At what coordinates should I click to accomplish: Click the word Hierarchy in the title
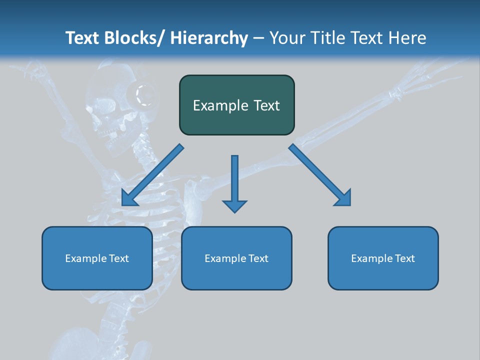pos(209,38)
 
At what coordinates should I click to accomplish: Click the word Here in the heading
pos(407,38)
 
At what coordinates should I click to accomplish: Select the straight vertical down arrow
pos(234,182)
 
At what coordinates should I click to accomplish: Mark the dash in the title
pos(258,38)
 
